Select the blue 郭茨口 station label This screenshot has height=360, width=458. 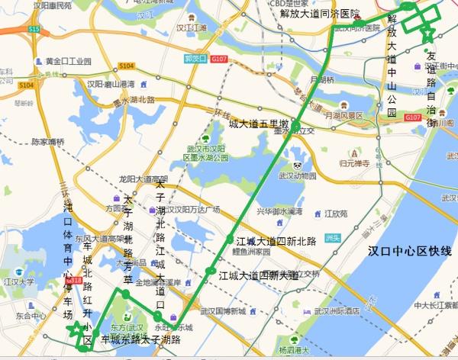195,58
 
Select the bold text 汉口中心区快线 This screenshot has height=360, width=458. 409,251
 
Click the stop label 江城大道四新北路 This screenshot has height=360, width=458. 276,241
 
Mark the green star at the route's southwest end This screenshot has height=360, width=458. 74,331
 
